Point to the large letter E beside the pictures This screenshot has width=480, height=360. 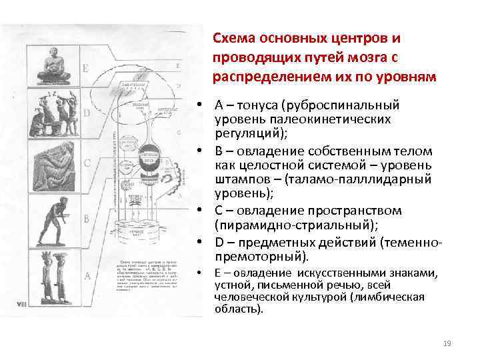pos(85,68)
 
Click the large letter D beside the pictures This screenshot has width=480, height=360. pos(85,113)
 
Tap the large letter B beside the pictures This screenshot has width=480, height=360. pos(85,218)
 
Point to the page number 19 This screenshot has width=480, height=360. pos(447,343)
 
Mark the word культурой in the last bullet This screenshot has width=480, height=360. pos(319,297)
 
